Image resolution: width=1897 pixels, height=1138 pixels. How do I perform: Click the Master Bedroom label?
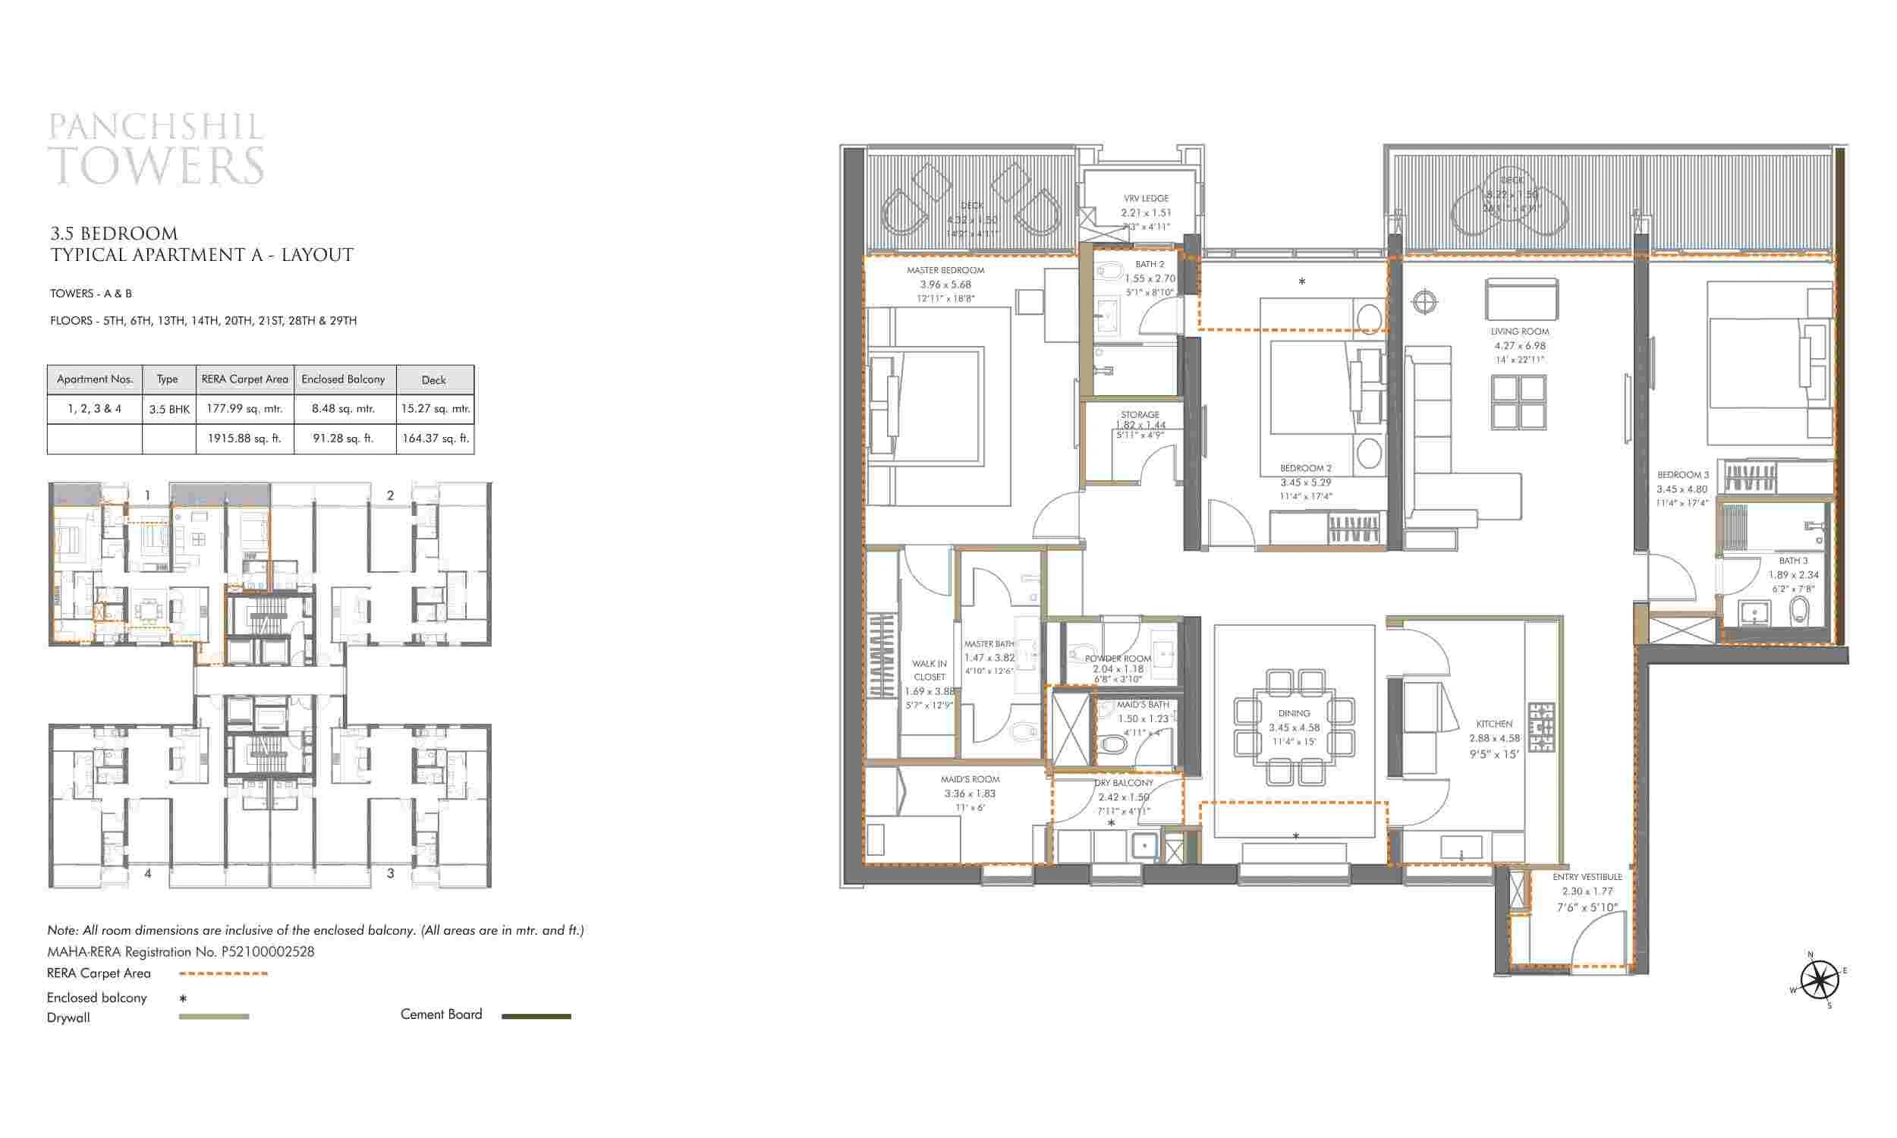pyautogui.click(x=945, y=271)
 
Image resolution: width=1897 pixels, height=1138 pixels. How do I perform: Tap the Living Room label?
pyautogui.click(x=1519, y=332)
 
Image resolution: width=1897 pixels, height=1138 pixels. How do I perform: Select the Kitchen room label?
pyautogui.click(x=1493, y=724)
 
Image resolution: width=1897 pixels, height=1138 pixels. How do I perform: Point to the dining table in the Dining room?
pyautogui.click(x=1294, y=727)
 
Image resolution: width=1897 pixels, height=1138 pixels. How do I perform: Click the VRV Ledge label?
pyautogui.click(x=1146, y=199)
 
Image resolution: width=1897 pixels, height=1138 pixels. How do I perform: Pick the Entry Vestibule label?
pyautogui.click(x=1587, y=876)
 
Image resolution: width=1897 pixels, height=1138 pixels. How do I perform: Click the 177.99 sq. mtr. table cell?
pyautogui.click(x=244, y=409)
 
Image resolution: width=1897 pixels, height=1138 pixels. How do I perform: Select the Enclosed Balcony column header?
pyautogui.click(x=344, y=379)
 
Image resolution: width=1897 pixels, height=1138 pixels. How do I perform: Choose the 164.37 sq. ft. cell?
pyautogui.click(x=435, y=439)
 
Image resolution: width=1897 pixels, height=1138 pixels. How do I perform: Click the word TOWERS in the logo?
pyautogui.click(x=156, y=165)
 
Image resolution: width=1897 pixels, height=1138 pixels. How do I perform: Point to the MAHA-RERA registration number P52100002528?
pyautogui.click(x=268, y=951)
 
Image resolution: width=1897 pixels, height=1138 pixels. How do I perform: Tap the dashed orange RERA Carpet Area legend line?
pyautogui.click(x=223, y=974)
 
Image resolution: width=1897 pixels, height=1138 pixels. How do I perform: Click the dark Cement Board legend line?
pyautogui.click(x=536, y=1016)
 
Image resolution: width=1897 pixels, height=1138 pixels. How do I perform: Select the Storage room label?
pyautogui.click(x=1140, y=415)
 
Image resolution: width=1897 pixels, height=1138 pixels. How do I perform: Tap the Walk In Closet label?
pyautogui.click(x=930, y=670)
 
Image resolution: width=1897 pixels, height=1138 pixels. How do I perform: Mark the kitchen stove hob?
pyautogui.click(x=1541, y=727)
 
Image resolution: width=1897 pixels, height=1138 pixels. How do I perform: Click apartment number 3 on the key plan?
pyautogui.click(x=390, y=872)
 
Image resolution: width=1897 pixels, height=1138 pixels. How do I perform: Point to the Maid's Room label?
pyautogui.click(x=969, y=779)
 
